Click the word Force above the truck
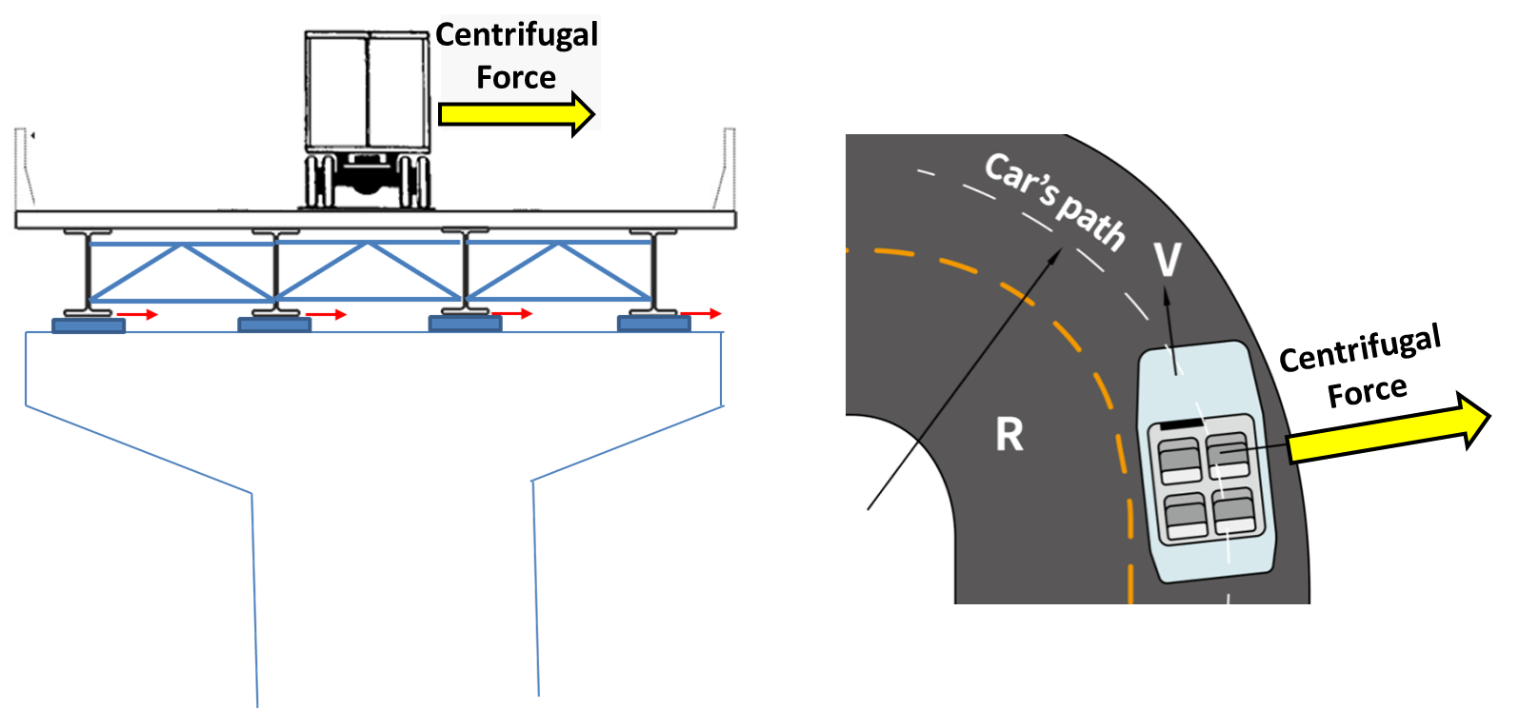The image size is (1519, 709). coord(515,77)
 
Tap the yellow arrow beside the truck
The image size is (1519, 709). coord(517,112)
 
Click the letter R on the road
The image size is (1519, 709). coord(1009,435)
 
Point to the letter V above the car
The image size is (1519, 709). coord(1167,259)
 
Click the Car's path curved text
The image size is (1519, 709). coord(1055,200)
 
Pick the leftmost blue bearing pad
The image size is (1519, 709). coord(88,325)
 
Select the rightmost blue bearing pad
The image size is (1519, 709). coord(653,325)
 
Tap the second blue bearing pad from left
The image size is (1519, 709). coord(274,325)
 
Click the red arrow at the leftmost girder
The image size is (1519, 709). coord(138,314)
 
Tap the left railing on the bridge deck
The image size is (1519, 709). coord(23,167)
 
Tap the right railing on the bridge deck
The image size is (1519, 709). coord(726,167)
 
